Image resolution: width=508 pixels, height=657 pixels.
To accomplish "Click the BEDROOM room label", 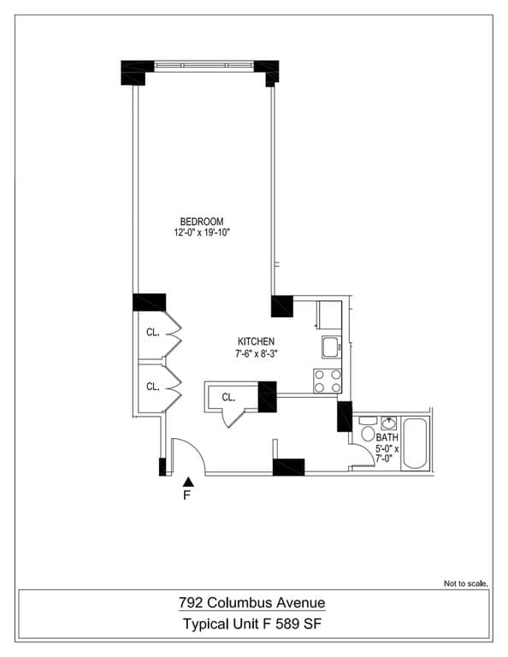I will [x=202, y=222].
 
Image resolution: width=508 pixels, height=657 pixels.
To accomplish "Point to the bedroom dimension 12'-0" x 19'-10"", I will [x=202, y=232].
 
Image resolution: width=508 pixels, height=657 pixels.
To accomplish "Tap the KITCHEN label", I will [x=255, y=341].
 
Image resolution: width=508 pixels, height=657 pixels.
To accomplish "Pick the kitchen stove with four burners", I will [x=328, y=380].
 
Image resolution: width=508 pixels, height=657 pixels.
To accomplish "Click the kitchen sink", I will [x=331, y=346].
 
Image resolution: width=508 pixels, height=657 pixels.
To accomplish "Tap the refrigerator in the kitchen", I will [x=328, y=314].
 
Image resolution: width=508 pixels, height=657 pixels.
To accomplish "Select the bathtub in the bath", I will [x=417, y=442].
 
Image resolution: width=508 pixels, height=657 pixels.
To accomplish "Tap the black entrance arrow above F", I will [x=188, y=482].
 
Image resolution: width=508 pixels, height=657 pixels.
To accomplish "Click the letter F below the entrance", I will [x=188, y=495].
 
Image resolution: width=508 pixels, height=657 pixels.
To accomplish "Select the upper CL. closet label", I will [x=152, y=333].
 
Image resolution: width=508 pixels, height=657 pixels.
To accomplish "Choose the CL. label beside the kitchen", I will [x=228, y=397].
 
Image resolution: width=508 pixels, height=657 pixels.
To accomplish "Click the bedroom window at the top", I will [x=204, y=66].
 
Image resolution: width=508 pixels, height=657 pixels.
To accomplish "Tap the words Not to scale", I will [x=465, y=583].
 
